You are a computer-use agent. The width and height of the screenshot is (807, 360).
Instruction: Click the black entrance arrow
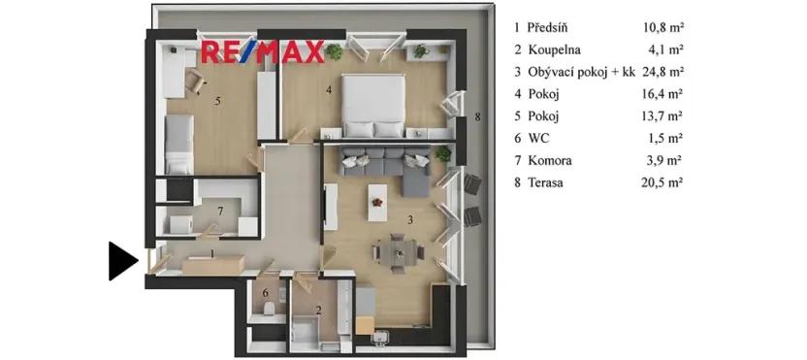pyautogui.click(x=121, y=260)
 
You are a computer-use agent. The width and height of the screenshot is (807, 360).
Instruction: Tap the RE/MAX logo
pyautogui.click(x=262, y=52)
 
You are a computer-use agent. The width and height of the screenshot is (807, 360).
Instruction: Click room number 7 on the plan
pyautogui.click(x=220, y=210)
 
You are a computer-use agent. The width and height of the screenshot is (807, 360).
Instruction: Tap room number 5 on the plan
pyautogui.click(x=218, y=100)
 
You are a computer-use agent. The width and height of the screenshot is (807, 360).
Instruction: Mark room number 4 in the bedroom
pyautogui.click(x=329, y=90)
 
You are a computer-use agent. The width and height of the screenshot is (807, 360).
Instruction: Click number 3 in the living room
pyautogui.click(x=410, y=220)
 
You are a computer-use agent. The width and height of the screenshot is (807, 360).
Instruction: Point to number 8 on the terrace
pyautogui.click(x=477, y=118)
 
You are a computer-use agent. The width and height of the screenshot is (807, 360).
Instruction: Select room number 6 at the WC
pyautogui.click(x=266, y=292)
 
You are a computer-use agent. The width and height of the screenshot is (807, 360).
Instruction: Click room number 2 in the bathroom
pyautogui.click(x=319, y=311)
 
